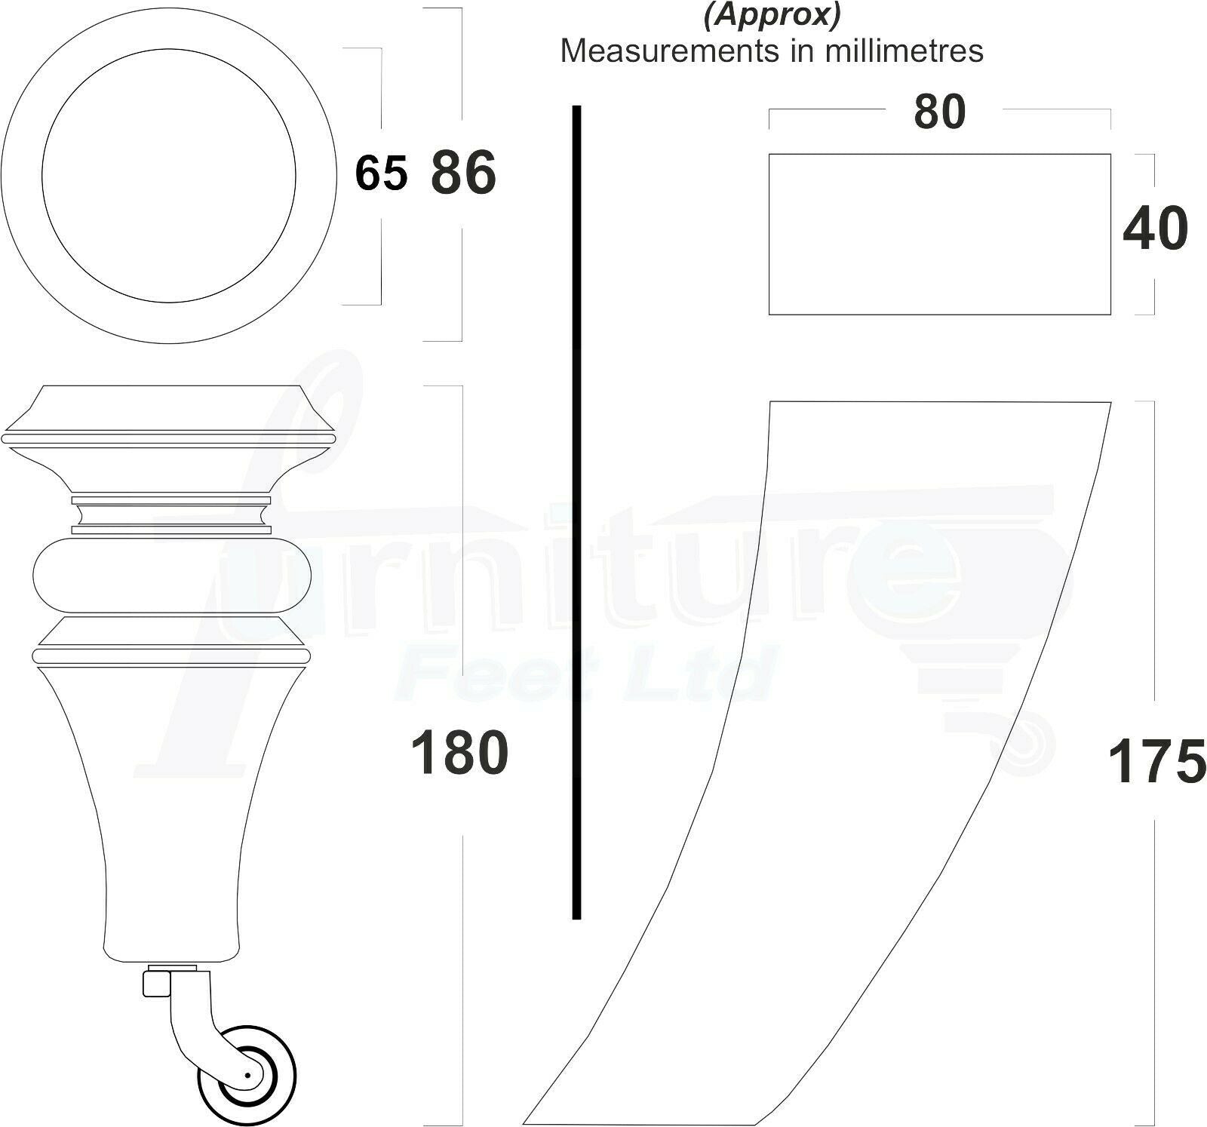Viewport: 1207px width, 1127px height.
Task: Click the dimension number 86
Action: pos(463,173)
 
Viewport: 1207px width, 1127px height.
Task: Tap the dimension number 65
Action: pos(381,173)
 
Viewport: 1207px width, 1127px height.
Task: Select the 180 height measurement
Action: pos(459,752)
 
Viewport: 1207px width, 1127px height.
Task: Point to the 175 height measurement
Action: pos(1156,761)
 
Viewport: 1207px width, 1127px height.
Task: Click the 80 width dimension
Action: pos(939,112)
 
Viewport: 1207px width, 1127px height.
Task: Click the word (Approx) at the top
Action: pos(772,15)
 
